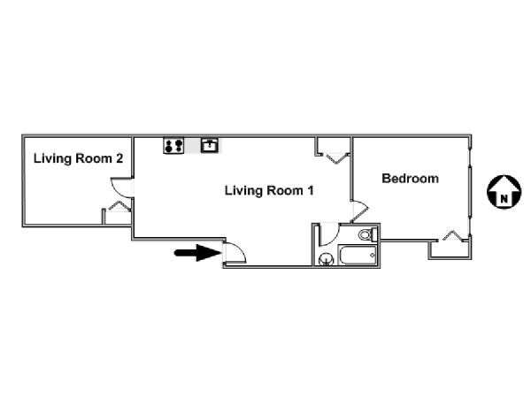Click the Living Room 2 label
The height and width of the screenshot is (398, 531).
[78, 158]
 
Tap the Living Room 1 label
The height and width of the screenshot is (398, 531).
[269, 190]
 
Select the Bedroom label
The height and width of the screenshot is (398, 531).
[410, 179]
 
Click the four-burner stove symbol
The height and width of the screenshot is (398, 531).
[173, 146]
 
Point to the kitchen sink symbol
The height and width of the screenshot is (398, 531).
[210, 145]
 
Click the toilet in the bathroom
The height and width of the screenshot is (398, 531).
[368, 234]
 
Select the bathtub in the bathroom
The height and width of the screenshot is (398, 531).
[358, 256]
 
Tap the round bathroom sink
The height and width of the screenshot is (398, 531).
[327, 259]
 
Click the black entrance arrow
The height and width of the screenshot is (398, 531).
[197, 253]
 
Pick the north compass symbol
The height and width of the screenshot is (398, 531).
[504, 192]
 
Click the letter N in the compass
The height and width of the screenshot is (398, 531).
[504, 199]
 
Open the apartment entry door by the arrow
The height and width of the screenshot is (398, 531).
[235, 252]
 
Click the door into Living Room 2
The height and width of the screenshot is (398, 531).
[122, 188]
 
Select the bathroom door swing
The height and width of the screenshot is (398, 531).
[329, 234]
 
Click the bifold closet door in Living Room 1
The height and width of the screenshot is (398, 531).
[336, 158]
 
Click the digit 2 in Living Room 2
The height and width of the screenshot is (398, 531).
[119, 158]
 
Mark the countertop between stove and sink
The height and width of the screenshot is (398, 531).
[193, 146]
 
